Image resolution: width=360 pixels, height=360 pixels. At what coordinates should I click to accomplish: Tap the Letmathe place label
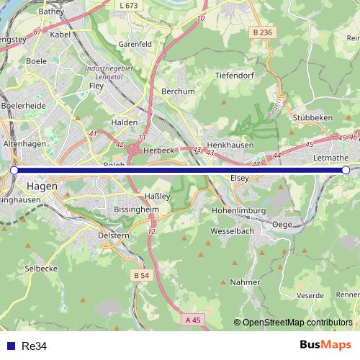(330, 158)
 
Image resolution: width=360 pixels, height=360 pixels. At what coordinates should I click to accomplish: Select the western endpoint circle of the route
(14, 170)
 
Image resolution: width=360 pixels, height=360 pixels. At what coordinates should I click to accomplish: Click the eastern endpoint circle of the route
(346, 170)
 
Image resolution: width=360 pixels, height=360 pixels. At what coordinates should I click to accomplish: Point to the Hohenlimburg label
(239, 210)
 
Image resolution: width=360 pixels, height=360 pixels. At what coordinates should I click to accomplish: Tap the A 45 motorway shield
(192, 319)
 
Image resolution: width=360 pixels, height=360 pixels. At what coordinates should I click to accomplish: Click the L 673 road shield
(127, 5)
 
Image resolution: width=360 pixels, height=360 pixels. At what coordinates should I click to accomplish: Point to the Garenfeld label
(135, 43)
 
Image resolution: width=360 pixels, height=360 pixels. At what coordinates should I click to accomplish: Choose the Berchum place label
(178, 91)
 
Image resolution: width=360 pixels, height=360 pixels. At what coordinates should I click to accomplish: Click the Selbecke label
(41, 268)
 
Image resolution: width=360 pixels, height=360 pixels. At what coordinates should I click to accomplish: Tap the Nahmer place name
(245, 282)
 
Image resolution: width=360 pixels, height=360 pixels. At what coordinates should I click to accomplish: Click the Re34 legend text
(35, 346)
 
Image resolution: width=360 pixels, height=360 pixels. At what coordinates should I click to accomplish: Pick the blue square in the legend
(11, 346)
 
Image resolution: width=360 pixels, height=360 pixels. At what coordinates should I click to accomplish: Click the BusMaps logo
(325, 345)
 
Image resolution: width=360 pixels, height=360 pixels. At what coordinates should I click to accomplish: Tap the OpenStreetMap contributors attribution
(297, 323)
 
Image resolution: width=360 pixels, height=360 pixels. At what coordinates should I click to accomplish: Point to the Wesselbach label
(232, 232)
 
